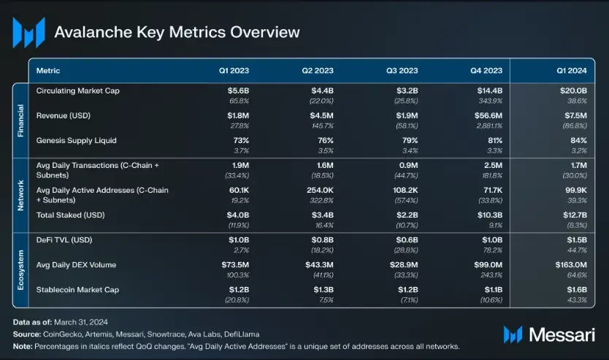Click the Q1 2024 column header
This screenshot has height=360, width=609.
[x=571, y=71]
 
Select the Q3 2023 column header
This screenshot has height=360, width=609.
[x=402, y=71]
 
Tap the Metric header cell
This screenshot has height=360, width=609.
[x=48, y=71]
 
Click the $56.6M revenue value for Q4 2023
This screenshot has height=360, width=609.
[x=489, y=115]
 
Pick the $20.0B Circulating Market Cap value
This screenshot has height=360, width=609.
[x=573, y=91]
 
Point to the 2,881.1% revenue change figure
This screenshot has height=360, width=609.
[x=489, y=126]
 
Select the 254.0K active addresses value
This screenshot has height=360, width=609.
[x=320, y=191]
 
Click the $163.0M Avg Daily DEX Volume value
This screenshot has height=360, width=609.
[x=571, y=265]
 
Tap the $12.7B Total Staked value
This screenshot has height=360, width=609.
[x=575, y=215]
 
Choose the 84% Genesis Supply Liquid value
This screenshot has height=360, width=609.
[x=579, y=141]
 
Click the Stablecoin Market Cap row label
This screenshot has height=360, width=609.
[x=77, y=290]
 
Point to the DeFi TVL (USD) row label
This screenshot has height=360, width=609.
[x=64, y=240]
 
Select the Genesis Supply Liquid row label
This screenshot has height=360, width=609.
[x=76, y=141]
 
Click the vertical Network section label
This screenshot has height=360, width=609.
[x=20, y=196]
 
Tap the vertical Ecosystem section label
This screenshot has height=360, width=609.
[x=20, y=270]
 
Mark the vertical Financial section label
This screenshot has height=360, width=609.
[x=20, y=120]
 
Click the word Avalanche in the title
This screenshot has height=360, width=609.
[x=93, y=32]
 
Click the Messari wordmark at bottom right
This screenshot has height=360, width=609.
[x=562, y=334]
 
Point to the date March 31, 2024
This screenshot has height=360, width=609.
[x=81, y=322]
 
